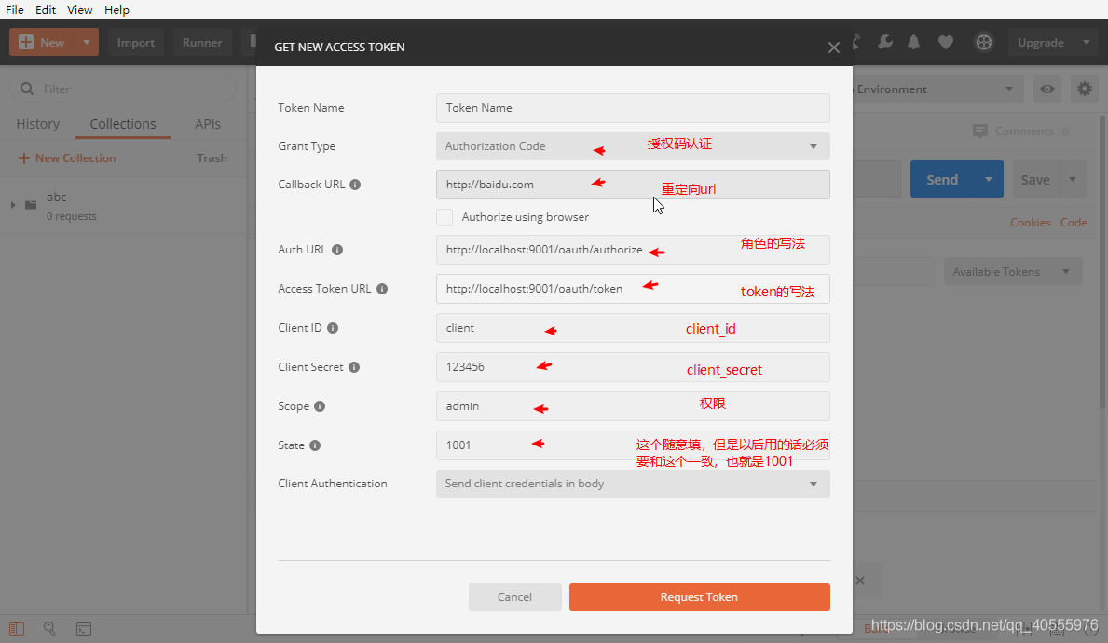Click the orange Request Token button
[699, 597]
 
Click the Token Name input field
[632, 108]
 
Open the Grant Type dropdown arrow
[814, 146]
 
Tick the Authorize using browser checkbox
[445, 217]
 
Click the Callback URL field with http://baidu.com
[632, 185]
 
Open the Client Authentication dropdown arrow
[814, 484]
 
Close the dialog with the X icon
[834, 48]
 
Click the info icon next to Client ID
[333, 328]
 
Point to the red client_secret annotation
[724, 370]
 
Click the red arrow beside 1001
[539, 445]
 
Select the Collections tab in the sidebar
[123, 124]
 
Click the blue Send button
[942, 180]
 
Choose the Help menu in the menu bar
[116, 9]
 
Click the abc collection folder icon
[31, 204]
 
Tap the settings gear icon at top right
[1084, 89]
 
